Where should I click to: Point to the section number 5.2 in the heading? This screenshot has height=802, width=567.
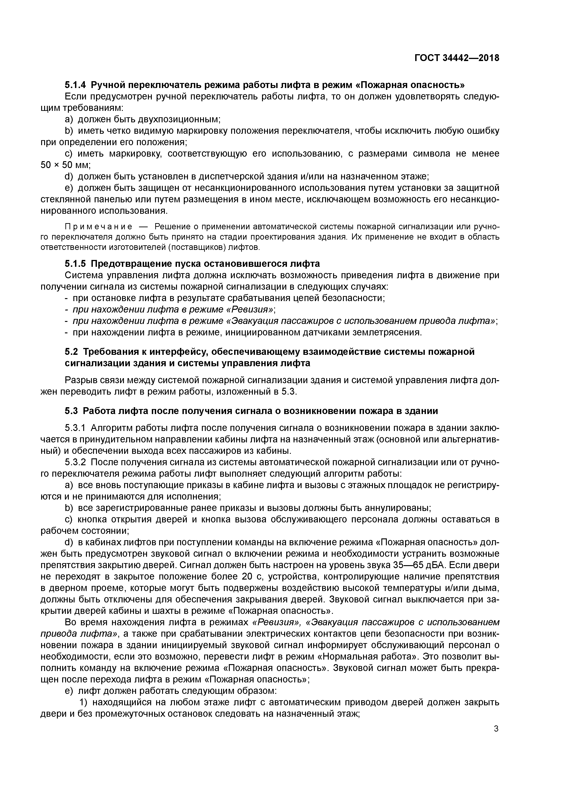click(x=72, y=352)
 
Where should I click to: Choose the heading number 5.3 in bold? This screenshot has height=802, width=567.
click(x=72, y=411)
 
